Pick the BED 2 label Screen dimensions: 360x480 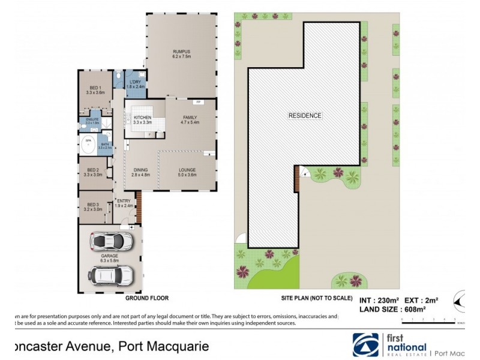[95, 171]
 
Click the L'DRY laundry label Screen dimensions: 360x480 [134, 85]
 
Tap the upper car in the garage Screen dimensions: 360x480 [111, 241]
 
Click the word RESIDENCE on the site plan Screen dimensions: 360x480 [305, 115]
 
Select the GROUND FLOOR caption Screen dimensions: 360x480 [146, 298]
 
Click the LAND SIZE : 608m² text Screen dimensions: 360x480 [392, 308]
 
